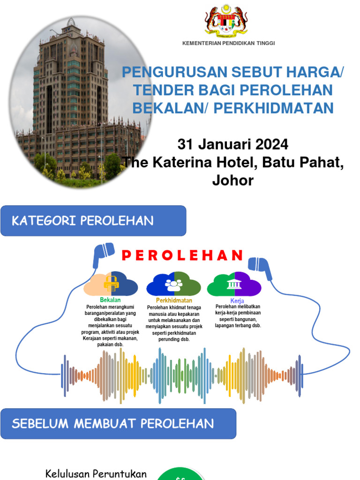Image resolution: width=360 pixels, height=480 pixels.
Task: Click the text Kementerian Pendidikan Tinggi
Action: pyautogui.click(x=228, y=43)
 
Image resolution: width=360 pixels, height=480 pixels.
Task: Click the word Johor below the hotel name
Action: pyautogui.click(x=232, y=180)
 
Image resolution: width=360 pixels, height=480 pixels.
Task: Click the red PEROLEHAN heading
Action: pyautogui.click(x=182, y=255)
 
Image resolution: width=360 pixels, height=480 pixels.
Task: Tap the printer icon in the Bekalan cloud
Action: pyautogui.click(x=111, y=283)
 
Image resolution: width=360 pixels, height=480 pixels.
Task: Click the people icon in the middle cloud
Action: pyautogui.click(x=173, y=284)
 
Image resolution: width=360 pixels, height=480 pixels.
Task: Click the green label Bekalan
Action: pyautogui.click(x=110, y=300)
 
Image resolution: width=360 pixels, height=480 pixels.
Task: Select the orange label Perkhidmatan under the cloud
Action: pyautogui.click(x=174, y=300)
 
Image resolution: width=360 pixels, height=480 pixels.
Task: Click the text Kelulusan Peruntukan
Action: pyautogui.click(x=96, y=473)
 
